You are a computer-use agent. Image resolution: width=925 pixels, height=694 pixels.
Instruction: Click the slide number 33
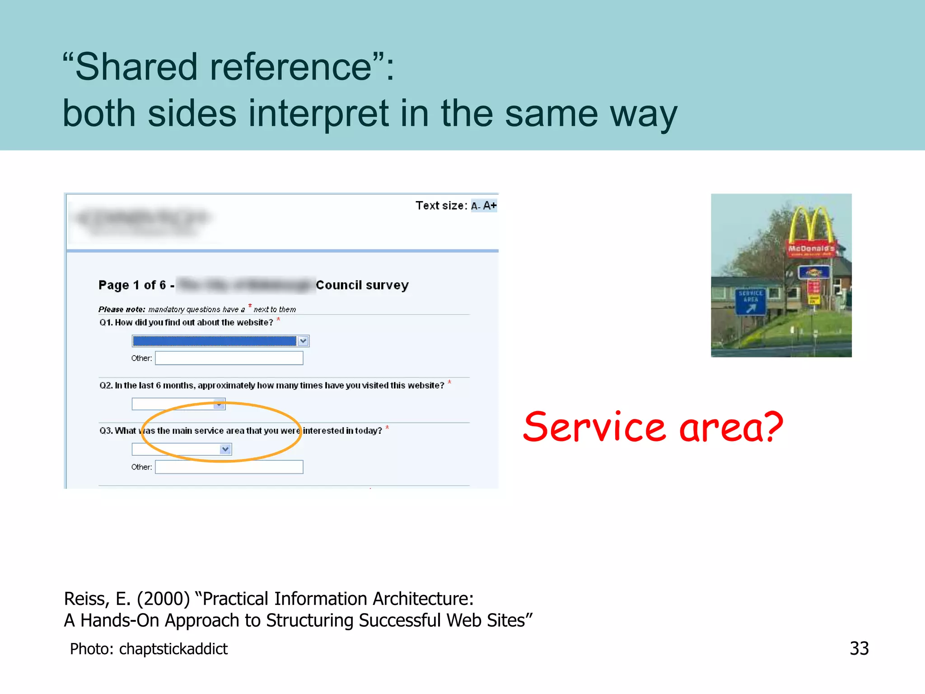point(859,648)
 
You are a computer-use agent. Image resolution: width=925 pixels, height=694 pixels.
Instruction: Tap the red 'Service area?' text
point(653,427)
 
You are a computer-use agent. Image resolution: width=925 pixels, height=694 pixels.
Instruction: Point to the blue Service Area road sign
point(750,301)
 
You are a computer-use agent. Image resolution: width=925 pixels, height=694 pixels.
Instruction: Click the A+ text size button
point(490,206)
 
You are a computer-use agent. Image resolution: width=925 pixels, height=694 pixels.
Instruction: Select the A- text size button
point(476,206)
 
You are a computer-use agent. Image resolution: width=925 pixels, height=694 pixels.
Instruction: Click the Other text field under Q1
point(229,358)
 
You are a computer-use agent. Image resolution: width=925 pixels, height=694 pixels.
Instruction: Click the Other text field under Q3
point(229,467)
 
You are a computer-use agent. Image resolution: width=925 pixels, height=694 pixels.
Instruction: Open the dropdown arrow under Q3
point(225,449)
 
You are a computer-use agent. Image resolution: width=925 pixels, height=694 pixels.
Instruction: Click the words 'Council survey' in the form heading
point(362,285)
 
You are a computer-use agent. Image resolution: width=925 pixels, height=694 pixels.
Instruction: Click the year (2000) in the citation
point(164,599)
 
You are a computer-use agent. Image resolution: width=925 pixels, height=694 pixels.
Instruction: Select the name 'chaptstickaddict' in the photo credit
point(173,649)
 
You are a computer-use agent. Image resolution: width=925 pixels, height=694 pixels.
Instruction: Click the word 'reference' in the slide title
point(291,67)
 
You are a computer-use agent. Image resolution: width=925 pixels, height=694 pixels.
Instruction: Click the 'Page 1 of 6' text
point(132,285)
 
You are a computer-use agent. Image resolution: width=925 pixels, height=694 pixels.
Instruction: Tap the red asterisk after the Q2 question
point(449,382)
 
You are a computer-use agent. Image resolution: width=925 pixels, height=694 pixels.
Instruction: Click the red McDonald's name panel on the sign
point(811,249)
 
